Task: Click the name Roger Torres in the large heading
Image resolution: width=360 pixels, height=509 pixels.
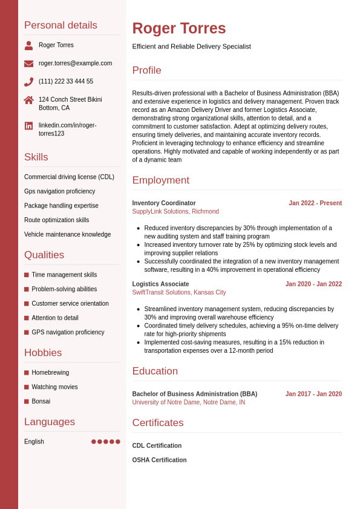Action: point(179,28)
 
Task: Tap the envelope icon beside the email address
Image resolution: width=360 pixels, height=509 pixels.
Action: point(28,64)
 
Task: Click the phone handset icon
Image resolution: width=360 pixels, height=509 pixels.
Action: point(28,82)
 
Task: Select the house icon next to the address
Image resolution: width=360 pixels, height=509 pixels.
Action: point(28,100)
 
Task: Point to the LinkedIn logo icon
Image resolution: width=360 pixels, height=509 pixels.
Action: point(28,126)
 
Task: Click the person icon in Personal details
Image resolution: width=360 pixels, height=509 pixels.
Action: point(28,45)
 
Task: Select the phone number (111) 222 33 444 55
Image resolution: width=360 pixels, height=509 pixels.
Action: point(66,82)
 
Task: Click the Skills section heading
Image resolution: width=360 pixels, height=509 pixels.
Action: point(36,157)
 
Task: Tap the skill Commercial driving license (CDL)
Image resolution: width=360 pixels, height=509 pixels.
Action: point(69,177)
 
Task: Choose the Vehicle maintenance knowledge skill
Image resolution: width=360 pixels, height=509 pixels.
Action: point(68,235)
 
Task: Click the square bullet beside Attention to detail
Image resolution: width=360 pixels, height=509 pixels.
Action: point(27,318)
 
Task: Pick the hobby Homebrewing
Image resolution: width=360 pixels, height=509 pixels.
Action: point(50,373)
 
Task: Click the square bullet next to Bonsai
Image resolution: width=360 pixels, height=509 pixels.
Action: point(27,401)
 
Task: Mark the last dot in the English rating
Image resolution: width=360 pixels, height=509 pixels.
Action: point(118,442)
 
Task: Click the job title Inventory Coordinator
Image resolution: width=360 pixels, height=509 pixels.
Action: point(164,203)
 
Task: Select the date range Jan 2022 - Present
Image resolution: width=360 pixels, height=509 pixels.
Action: point(315,203)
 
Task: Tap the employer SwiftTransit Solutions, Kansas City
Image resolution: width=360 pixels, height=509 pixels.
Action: point(179,293)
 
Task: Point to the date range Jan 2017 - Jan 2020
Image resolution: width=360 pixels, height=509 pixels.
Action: point(313,394)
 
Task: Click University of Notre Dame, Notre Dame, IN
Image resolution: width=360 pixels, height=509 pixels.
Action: point(189,402)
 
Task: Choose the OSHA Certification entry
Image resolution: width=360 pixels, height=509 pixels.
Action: point(159,461)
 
